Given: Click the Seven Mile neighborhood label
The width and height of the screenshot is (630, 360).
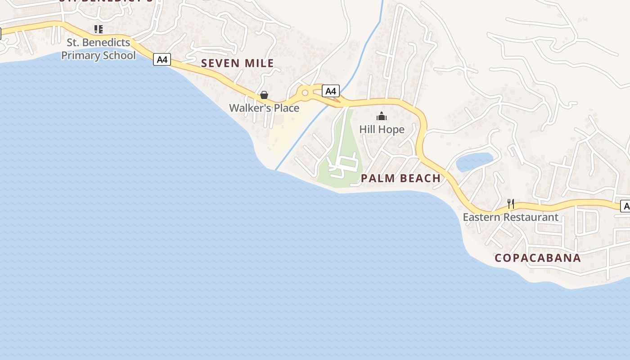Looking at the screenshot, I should (237, 63).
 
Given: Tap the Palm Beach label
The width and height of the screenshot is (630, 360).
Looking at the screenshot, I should (400, 179).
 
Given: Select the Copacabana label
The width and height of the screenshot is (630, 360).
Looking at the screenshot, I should (538, 258).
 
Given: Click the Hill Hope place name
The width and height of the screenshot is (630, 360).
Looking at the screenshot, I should (382, 130).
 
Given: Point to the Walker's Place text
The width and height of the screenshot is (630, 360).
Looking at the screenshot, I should (264, 108).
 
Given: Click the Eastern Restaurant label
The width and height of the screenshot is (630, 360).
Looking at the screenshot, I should (510, 217).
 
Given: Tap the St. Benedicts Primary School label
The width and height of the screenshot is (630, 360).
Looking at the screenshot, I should (98, 49).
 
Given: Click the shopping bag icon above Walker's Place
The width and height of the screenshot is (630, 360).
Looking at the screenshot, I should (264, 95).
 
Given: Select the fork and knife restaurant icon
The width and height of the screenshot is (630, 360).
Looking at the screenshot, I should (511, 204).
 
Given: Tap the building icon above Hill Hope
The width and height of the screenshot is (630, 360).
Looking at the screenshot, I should (382, 117).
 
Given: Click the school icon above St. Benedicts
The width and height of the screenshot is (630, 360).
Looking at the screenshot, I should (99, 30).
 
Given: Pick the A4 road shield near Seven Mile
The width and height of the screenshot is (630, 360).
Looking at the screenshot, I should (162, 59).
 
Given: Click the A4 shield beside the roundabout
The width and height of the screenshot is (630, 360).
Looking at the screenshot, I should (331, 91).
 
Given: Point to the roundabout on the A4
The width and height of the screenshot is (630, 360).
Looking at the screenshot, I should (305, 93).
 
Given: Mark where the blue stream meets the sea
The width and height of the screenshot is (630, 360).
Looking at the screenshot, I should (276, 170).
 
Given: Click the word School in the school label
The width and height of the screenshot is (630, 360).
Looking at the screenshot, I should (119, 55).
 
